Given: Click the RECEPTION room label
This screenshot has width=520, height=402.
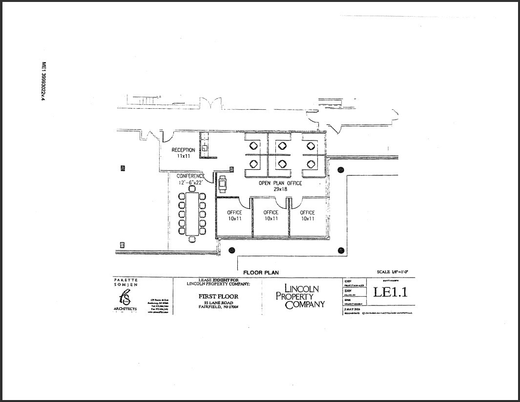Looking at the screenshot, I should tap(183, 150).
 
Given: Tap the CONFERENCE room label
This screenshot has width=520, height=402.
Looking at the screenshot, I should tap(190, 176).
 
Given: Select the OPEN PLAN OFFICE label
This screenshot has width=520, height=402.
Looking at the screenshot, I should tap(280, 183).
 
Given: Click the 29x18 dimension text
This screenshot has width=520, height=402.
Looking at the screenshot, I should tap(280, 189).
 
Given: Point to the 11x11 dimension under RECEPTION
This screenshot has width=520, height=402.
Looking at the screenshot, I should tap(183, 156).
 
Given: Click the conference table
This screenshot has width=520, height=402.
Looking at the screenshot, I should tap(192, 213).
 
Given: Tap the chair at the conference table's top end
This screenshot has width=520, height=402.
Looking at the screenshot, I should tap(192, 189).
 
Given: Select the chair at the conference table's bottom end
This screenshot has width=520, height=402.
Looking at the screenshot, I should tap(192, 239).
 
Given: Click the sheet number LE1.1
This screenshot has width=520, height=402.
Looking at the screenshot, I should tap(390, 292).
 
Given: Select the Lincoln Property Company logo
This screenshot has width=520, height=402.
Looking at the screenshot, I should tap(300, 296).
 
